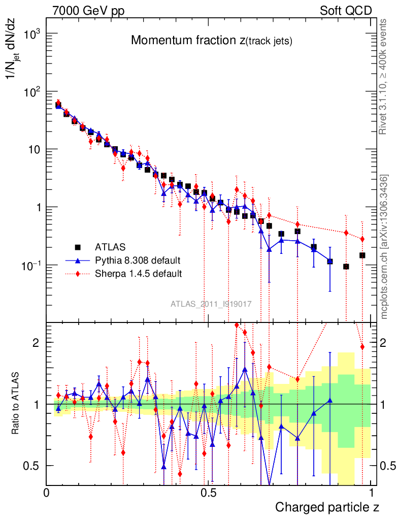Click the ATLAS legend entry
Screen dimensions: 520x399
coord(110,247)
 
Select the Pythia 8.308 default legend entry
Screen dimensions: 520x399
coord(138,261)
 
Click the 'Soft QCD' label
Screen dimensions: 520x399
coord(346,11)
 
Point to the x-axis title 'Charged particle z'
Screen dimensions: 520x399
coord(327,507)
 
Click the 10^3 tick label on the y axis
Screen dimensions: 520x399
coord(30,34)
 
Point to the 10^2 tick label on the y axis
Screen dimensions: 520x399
coord(30,92)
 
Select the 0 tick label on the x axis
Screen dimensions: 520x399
coord(47,493)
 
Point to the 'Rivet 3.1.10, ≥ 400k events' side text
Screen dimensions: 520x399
coord(384,76)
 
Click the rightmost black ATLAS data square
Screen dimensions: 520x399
coord(362,255)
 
